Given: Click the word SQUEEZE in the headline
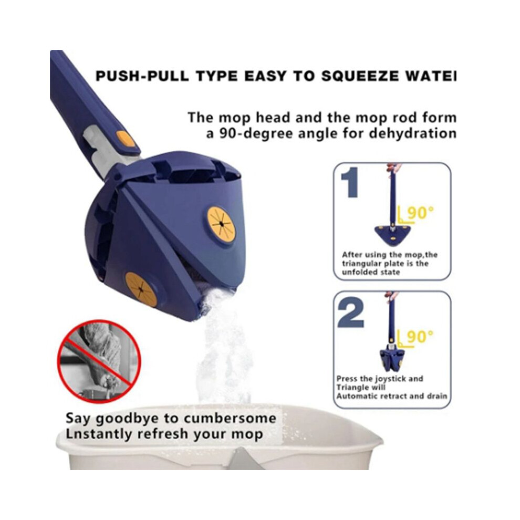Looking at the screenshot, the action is point(359,76).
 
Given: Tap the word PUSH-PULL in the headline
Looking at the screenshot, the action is point(142,76).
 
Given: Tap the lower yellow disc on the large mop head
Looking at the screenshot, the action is point(141,289).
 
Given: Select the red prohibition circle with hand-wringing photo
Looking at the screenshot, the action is point(99,361).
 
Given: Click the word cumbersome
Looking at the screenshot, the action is point(230,418).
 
